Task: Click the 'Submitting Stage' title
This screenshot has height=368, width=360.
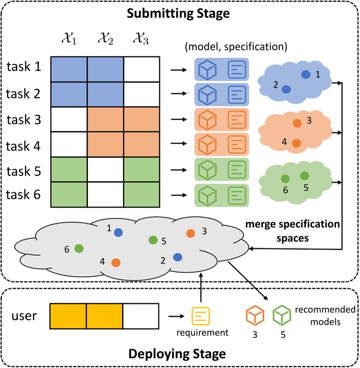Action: [x=178, y=13]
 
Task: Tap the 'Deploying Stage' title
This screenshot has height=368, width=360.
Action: [x=177, y=354]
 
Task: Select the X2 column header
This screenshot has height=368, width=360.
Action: [x=105, y=38]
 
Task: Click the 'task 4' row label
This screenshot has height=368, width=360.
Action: [x=23, y=146]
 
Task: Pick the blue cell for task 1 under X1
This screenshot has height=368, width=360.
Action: [x=69, y=69]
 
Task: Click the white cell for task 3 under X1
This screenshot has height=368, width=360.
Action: [x=69, y=119]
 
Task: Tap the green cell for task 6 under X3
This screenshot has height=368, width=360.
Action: [x=142, y=194]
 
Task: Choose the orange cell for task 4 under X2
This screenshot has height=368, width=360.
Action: [x=105, y=144]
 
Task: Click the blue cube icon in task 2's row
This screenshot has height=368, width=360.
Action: [x=207, y=95]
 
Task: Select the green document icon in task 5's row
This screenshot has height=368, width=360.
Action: [x=237, y=169]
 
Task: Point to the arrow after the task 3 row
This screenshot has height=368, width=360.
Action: [x=179, y=119]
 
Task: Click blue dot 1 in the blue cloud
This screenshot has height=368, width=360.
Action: [x=306, y=75]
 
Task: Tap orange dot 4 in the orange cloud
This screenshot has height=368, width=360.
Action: [x=297, y=143]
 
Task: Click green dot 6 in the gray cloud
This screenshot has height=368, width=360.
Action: [x=79, y=248]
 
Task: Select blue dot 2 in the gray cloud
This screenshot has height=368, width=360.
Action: [x=178, y=257]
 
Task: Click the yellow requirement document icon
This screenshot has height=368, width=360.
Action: [x=201, y=316]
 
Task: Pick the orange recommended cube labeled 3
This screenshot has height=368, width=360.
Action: [x=255, y=316]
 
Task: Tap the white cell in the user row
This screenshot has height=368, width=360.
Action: [x=141, y=316]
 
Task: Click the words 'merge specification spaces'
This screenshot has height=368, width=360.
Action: [x=293, y=231]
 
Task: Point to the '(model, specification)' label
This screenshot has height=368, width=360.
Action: [x=236, y=47]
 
